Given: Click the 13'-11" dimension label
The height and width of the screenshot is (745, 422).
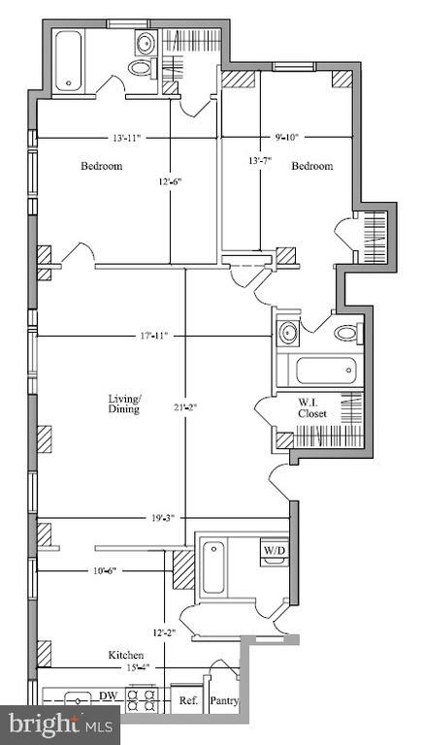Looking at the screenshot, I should (x=126, y=138).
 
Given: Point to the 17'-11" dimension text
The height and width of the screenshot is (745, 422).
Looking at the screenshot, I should (x=154, y=337).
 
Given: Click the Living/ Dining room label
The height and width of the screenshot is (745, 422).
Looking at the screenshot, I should (x=125, y=404).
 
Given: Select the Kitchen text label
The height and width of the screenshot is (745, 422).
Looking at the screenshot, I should (x=126, y=656).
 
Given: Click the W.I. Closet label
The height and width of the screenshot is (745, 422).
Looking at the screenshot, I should (x=312, y=407).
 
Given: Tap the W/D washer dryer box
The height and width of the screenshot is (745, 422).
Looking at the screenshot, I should (x=275, y=551).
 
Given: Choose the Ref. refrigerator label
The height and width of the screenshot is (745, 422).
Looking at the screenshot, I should (x=184, y=700).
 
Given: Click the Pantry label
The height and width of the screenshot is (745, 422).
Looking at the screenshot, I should (x=224, y=700).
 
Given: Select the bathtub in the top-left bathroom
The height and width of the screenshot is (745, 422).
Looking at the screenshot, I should (x=70, y=60).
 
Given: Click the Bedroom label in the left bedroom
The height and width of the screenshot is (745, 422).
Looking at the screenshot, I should (x=101, y=166).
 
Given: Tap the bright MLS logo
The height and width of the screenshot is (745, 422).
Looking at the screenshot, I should (x=60, y=725).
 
